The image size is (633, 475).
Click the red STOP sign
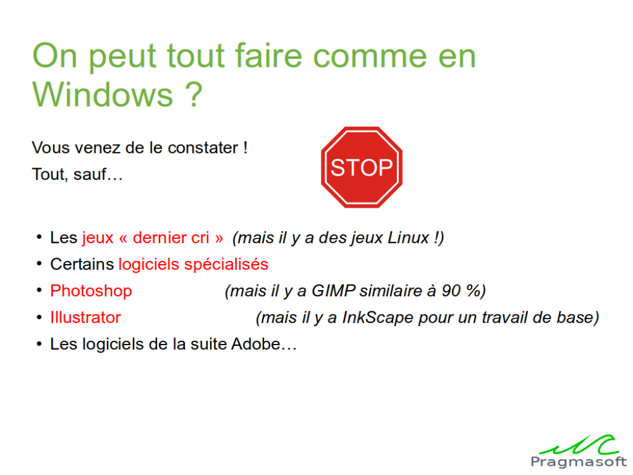click(x=362, y=167)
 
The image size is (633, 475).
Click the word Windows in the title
click(x=103, y=95)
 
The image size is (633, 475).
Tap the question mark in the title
click(x=194, y=94)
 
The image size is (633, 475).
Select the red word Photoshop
click(x=91, y=291)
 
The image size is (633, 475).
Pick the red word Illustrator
click(x=85, y=317)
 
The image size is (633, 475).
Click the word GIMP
click(x=333, y=291)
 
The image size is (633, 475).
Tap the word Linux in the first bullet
click(x=409, y=237)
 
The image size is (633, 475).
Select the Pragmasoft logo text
click(x=579, y=461)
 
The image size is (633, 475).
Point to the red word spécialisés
click(x=226, y=265)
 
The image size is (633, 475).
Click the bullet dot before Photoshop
click(x=39, y=291)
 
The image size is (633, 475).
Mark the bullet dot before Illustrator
click(x=39, y=317)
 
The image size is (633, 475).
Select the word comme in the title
click(x=370, y=55)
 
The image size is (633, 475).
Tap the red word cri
click(x=200, y=237)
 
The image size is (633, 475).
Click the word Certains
click(x=82, y=264)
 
